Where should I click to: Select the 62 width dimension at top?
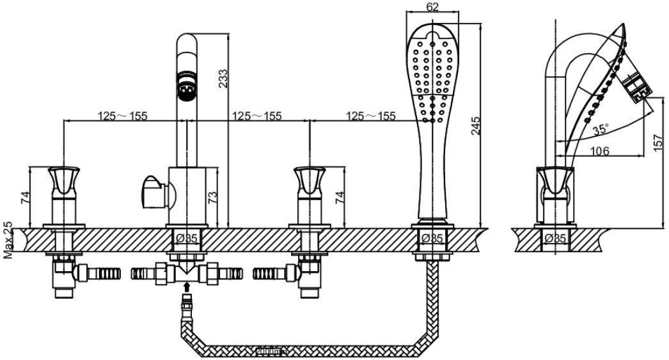coord(432,6)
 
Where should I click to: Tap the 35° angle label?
coord(601,129)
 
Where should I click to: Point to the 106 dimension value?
coord(599,150)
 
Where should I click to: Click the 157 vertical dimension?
coord(658,141)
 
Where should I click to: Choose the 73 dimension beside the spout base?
coord(212,197)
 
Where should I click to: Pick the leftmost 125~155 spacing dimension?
coord(122,116)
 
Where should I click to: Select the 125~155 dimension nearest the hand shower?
coord(371,116)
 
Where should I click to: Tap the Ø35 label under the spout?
coord(187,239)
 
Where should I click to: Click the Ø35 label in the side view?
coord(555,239)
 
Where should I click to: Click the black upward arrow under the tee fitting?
coord(187,285)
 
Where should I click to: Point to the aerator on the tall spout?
coord(187,86)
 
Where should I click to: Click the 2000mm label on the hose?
coord(271,351)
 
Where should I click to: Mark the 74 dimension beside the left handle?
coord(26,197)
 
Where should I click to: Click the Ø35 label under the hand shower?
coord(432,239)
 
